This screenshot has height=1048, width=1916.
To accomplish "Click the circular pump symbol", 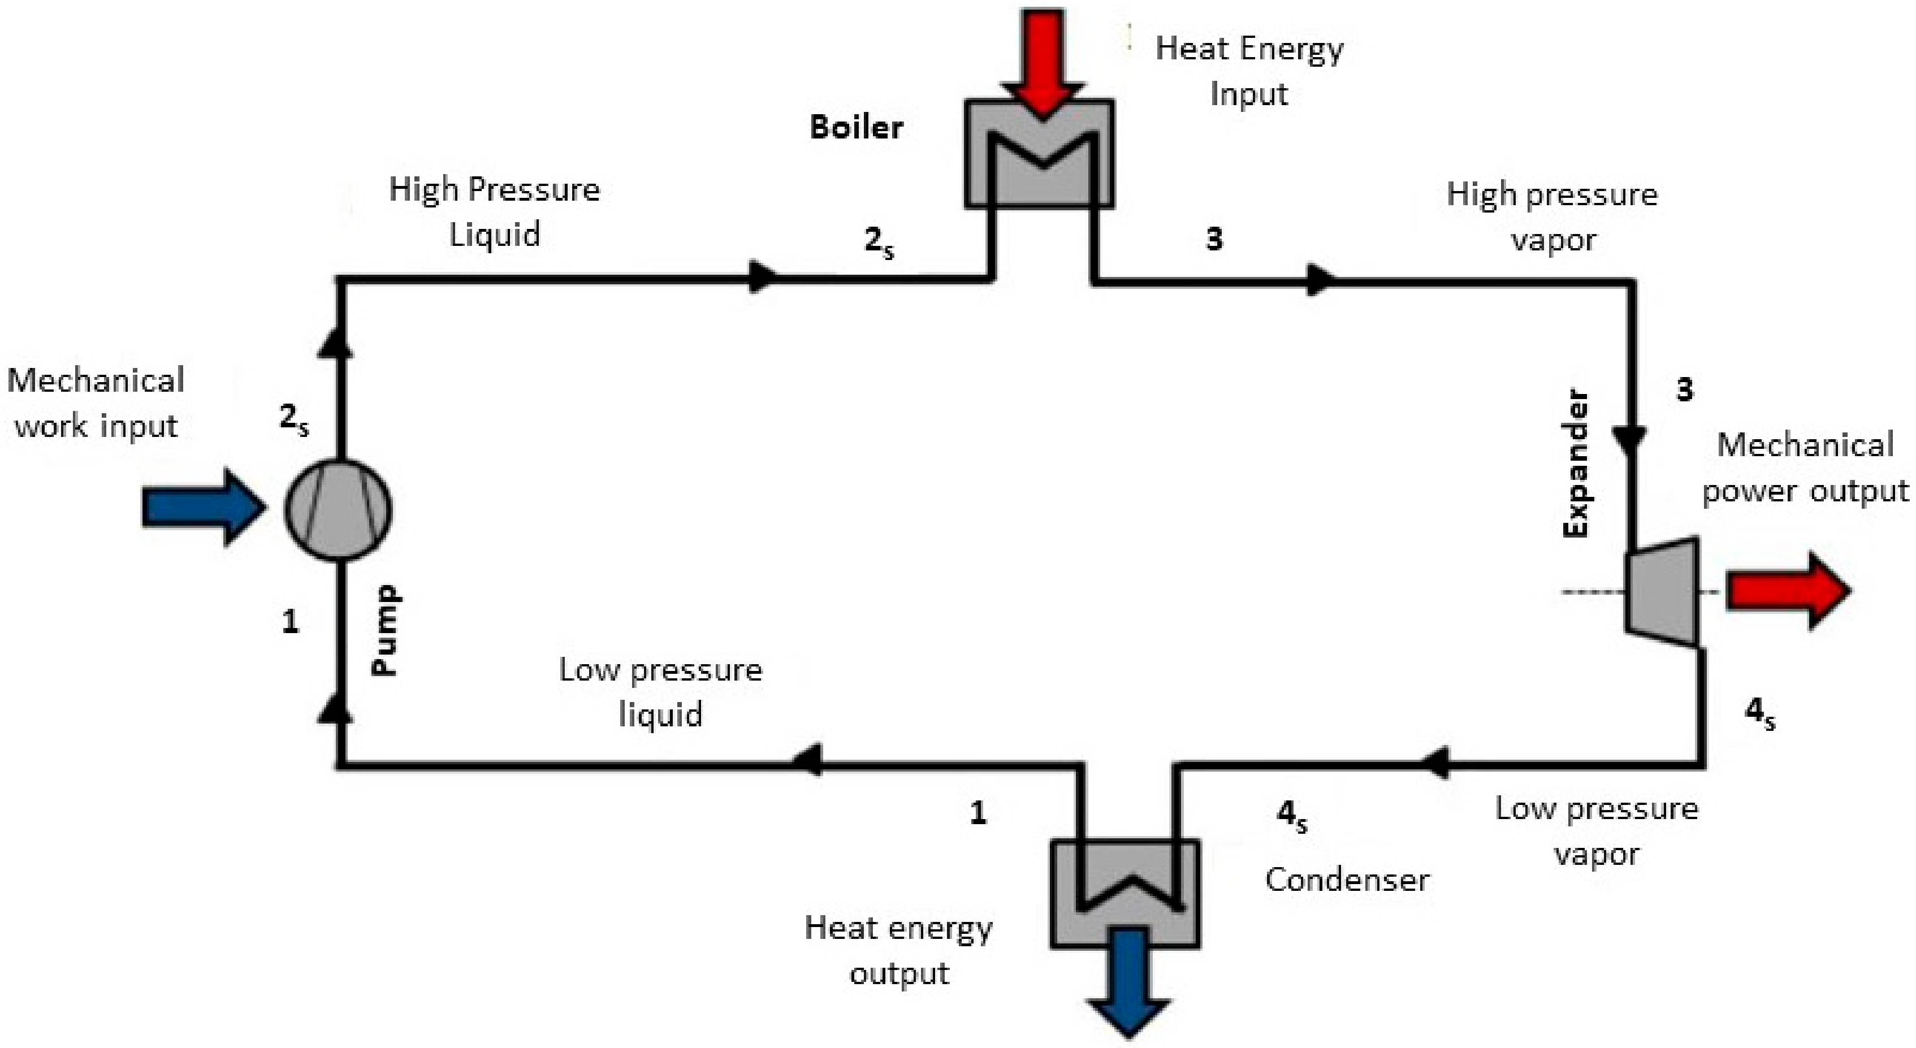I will (339, 509).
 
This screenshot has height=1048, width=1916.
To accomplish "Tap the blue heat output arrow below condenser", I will (1130, 982).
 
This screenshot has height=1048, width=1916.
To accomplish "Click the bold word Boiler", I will (856, 127).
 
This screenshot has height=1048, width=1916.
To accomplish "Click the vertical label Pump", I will (385, 630).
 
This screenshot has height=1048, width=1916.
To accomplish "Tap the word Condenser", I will (1347, 880).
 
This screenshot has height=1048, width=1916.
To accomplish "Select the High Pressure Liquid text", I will (495, 211).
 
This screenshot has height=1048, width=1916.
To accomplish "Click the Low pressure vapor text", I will (1597, 831).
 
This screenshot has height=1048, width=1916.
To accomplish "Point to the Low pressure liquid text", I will (660, 692).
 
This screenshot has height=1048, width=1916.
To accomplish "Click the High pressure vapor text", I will (1552, 216).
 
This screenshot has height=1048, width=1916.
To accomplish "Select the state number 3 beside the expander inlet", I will (1685, 389).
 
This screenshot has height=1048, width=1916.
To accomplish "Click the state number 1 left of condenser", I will (978, 813).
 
